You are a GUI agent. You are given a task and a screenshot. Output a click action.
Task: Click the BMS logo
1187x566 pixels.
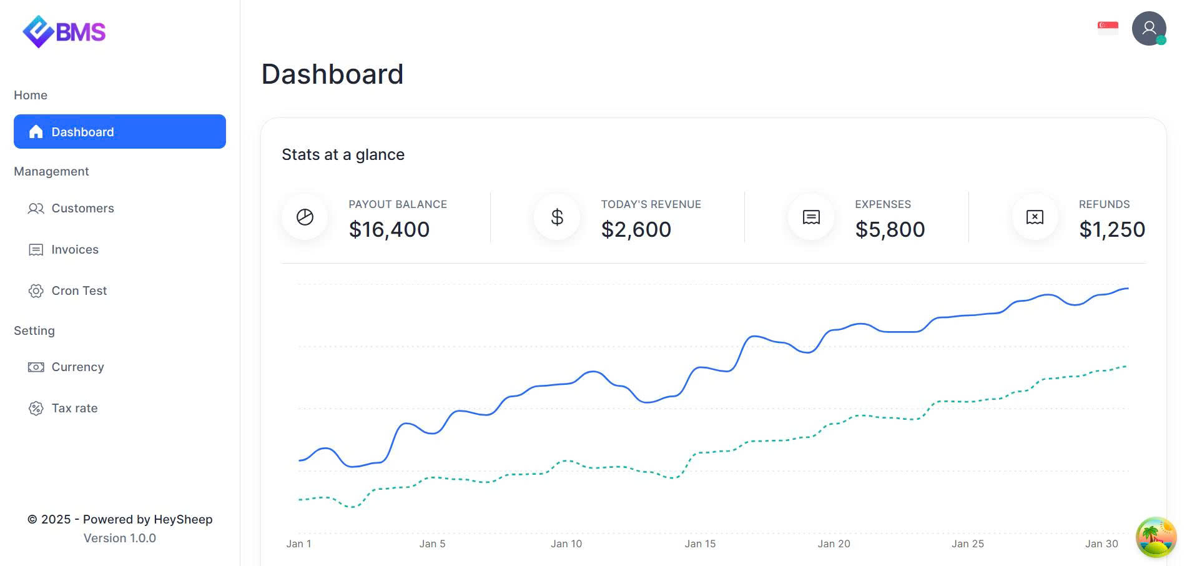tap(64, 31)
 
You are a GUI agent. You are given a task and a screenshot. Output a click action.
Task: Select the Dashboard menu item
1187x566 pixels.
tap(119, 132)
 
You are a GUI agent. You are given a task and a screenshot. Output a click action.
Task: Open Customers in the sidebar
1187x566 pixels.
tap(82, 208)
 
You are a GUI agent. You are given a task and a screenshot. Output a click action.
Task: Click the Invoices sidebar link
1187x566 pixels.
tap(74, 249)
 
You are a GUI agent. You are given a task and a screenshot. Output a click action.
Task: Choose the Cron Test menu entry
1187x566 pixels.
tap(79, 290)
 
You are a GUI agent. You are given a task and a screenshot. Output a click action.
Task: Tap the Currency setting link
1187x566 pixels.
tap(77, 367)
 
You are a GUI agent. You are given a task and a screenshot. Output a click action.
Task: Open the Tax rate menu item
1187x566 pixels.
tap(74, 408)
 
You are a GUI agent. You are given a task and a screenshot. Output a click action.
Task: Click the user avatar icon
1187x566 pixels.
tap(1148, 29)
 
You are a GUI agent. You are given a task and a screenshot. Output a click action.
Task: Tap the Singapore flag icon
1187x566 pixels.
tap(1108, 27)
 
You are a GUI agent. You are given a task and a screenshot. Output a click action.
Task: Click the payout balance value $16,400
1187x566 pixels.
tap(389, 229)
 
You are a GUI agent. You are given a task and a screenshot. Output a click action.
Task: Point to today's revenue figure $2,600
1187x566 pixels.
tap(636, 229)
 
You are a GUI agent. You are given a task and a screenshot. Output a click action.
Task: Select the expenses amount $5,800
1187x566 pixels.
tap(890, 229)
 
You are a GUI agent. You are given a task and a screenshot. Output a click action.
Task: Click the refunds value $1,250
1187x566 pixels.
tap(1111, 229)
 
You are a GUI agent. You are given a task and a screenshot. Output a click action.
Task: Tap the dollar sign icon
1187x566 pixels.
tap(557, 217)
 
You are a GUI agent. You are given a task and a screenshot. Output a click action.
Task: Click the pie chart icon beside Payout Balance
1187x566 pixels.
tap(305, 217)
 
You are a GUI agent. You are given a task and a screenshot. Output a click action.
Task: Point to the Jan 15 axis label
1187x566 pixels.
tap(700, 544)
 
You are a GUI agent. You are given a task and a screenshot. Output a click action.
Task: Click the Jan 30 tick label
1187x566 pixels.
tap(1101, 544)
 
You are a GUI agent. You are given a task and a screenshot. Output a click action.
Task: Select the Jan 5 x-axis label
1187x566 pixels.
tap(432, 544)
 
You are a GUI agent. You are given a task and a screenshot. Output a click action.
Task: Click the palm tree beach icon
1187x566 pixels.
tap(1156, 537)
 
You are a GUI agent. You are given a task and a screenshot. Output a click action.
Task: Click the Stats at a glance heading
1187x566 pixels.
tap(343, 154)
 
